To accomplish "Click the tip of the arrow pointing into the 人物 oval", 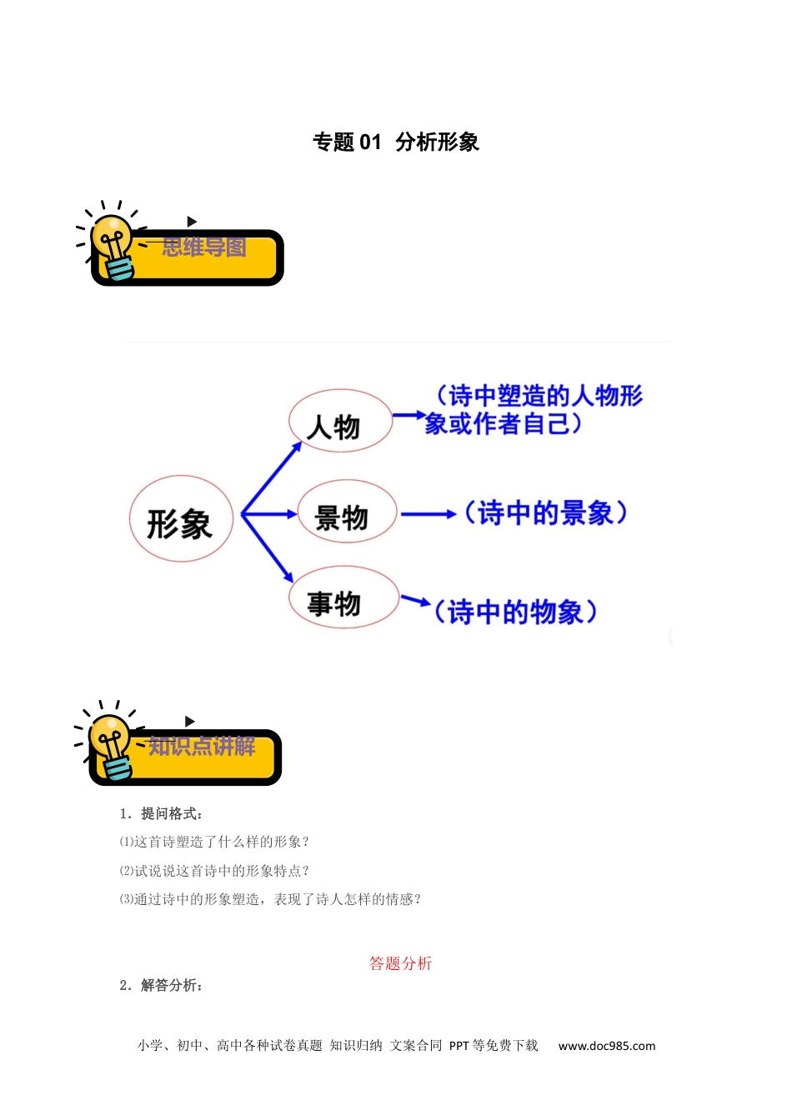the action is tap(302, 442).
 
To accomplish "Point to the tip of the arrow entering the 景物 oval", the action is tap(298, 514).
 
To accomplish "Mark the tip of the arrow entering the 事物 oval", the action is tap(293, 583).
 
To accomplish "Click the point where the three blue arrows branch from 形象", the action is tap(242, 514).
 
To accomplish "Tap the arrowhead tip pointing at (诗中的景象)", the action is tap(456, 514).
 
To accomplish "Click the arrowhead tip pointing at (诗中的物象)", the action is tap(431, 604).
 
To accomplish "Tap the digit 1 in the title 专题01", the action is tap(376, 142).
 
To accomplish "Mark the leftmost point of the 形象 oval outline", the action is tap(129, 518).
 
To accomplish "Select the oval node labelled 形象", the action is tap(181, 518).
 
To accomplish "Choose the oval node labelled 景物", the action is tap(347, 511).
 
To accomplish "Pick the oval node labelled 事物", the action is tap(343, 597).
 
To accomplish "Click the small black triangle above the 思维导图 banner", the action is tap(192, 221).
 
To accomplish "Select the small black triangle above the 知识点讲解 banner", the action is tap(189, 721).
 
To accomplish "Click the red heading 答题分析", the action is tap(400, 963).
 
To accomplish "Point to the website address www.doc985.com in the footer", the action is tap(607, 1046).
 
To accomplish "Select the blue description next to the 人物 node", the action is tap(534, 409).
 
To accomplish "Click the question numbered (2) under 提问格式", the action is tap(214, 871).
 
